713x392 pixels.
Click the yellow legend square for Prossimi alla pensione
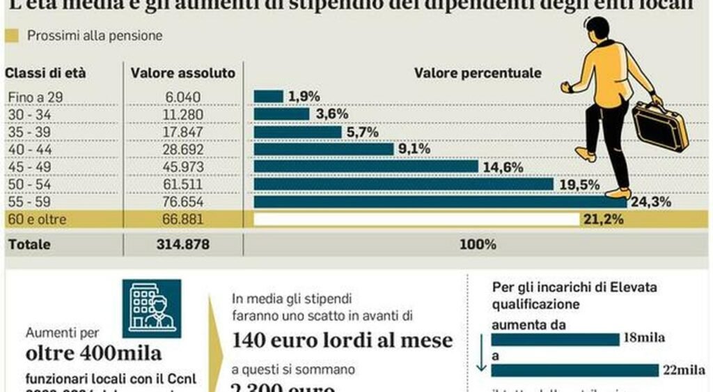click(12, 36)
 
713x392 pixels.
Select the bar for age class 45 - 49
click(366, 167)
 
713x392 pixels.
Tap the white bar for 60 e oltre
click(416, 220)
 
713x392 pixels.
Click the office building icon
click(151, 308)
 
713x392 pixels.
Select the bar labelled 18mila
click(555, 339)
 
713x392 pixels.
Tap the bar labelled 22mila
click(574, 370)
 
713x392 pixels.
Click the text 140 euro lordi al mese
click(342, 340)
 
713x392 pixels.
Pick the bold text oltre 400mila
click(93, 353)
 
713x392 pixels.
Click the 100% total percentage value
click(478, 245)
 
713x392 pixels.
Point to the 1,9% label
click(304, 97)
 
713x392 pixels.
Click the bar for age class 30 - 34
click(281, 114)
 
